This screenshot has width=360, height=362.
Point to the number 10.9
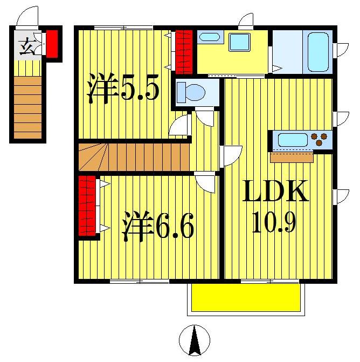click(x=274, y=221)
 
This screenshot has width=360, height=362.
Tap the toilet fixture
click(x=191, y=91)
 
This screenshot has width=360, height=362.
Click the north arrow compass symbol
click(x=194, y=340)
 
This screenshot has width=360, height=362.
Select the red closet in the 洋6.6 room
click(x=87, y=206)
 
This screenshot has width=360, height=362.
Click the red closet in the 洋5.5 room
click(x=184, y=52)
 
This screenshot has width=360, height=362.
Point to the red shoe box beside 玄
click(x=52, y=44)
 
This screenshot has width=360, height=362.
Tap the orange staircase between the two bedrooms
click(x=134, y=157)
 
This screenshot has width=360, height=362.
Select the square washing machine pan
click(x=239, y=42)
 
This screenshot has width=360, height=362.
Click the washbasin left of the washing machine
click(x=209, y=37)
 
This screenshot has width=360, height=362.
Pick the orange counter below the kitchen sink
click(x=292, y=158)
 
